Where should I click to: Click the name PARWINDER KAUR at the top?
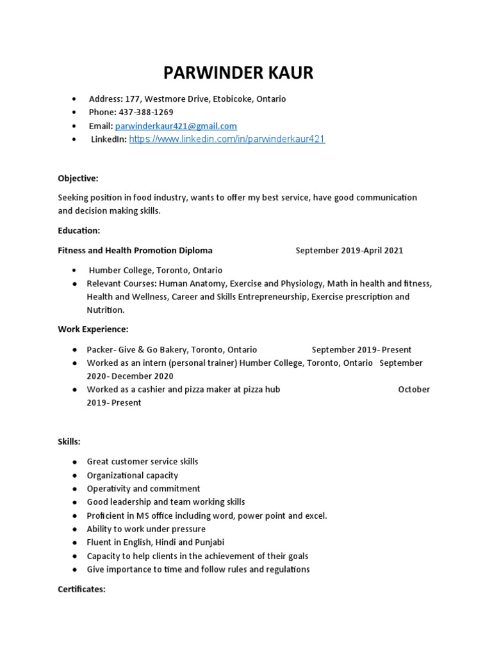tap(238, 73)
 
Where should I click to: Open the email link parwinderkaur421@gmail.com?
tap(176, 126)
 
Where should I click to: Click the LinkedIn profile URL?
tap(227, 139)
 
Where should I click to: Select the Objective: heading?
tap(78, 178)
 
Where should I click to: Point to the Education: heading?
tap(79, 230)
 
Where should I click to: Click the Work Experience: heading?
tap(93, 329)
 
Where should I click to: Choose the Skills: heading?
tap(69, 442)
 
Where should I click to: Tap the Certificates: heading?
tap(81, 589)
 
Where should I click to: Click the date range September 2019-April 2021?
tap(349, 251)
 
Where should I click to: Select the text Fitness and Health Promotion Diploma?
tap(135, 251)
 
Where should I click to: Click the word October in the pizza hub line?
tap(414, 390)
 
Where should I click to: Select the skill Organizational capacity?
tap(133, 475)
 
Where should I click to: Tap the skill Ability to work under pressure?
tap(146, 529)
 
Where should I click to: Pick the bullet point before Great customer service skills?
tap(75, 462)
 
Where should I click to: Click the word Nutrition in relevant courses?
tap(105, 310)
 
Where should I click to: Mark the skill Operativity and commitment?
tap(143, 489)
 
